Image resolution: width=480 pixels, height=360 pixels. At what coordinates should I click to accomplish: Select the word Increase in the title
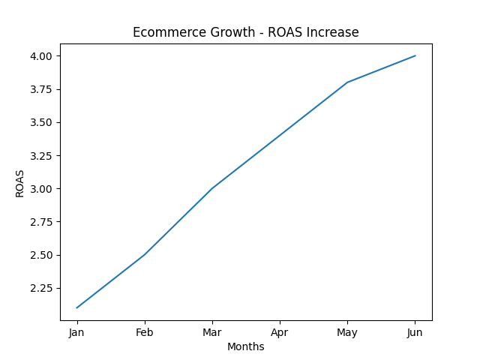335,32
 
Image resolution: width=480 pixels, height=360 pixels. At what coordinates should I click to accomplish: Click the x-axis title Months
246,346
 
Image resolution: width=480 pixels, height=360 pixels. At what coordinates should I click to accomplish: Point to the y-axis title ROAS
20,183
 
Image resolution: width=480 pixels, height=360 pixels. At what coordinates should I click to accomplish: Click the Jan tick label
76,332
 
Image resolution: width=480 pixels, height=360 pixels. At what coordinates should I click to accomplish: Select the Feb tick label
144,332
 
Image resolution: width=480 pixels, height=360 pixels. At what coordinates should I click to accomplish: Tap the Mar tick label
212,332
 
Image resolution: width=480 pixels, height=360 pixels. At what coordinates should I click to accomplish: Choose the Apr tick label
280,332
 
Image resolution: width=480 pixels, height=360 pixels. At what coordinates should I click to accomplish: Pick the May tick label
347,332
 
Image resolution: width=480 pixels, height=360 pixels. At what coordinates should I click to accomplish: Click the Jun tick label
415,332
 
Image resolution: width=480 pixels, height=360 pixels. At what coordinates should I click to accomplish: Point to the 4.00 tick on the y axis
41,56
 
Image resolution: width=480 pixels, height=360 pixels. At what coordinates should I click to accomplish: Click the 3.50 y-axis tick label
41,122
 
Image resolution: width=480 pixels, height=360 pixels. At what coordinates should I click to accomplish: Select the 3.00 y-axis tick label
41,189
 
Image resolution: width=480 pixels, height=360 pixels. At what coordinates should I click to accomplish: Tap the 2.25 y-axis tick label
41,288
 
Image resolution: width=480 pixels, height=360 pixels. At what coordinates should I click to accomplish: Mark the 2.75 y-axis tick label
41,222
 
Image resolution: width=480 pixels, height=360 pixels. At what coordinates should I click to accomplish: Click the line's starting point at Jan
77,307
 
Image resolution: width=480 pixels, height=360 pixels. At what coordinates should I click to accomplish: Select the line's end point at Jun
415,55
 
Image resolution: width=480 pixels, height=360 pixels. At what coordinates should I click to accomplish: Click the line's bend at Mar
212,188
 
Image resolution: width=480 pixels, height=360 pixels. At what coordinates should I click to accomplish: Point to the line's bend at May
347,82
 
